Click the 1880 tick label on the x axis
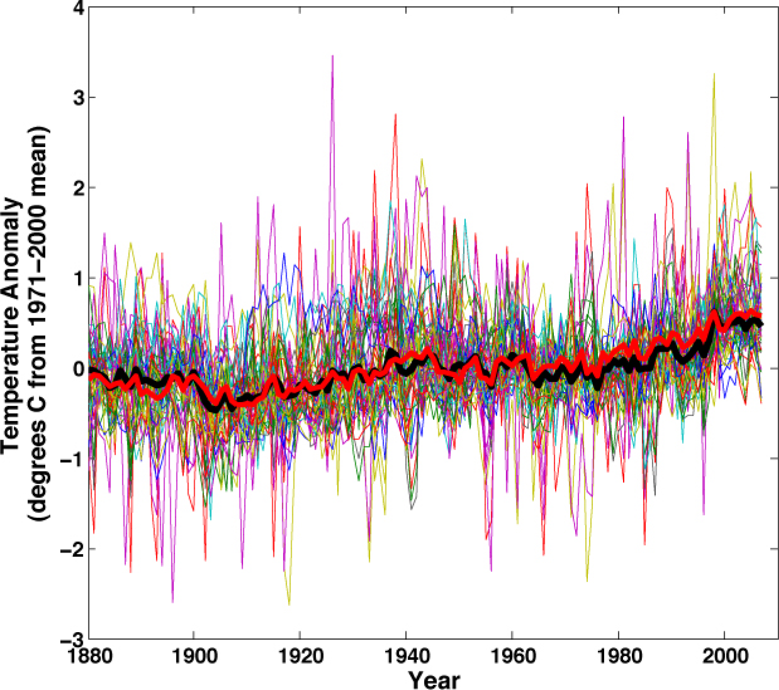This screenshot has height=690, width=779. pyautogui.click(x=89, y=656)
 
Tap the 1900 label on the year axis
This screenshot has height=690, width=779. pyautogui.click(x=194, y=656)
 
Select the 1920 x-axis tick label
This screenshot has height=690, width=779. pyautogui.click(x=300, y=656)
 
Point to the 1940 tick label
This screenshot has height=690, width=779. pyautogui.click(x=406, y=656)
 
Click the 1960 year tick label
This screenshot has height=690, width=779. pyautogui.click(x=512, y=656)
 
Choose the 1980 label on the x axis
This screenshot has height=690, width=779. pyautogui.click(x=618, y=656)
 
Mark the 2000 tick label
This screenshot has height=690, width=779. pyautogui.click(x=725, y=656)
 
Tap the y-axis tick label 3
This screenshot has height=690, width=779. pyautogui.click(x=78, y=98)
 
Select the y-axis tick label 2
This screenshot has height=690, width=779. pyautogui.click(x=78, y=188)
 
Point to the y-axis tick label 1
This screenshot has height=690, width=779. pyautogui.click(x=78, y=278)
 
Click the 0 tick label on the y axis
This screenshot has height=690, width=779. pyautogui.click(x=78, y=369)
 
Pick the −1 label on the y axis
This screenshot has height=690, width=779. pyautogui.click(x=72, y=459)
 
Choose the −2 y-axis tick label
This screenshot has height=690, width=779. pyautogui.click(x=72, y=550)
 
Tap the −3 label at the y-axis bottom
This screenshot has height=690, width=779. pyautogui.click(x=72, y=640)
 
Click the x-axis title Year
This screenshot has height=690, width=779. pyautogui.click(x=434, y=680)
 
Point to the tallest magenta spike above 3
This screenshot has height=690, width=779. pyautogui.click(x=332, y=57)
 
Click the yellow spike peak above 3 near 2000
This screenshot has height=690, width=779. pyautogui.click(x=714, y=75)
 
